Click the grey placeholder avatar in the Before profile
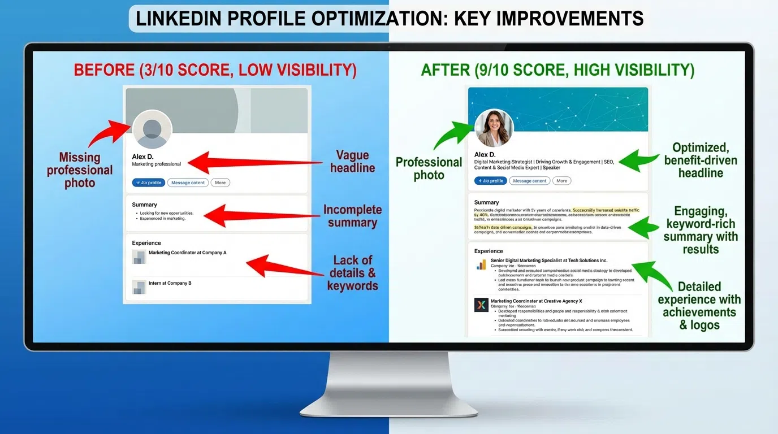click(152, 129)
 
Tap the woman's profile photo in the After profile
click(494, 128)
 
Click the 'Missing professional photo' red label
click(80, 170)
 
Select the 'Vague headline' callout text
click(352, 162)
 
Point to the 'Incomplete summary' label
click(352, 216)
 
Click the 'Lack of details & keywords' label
click(352, 273)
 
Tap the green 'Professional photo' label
click(429, 168)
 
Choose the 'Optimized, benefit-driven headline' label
click(701, 160)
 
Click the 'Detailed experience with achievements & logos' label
click(699, 306)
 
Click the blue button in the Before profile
click(149, 183)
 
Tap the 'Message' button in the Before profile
click(188, 183)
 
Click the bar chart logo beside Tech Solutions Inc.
click(481, 264)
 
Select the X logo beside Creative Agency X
click(481, 305)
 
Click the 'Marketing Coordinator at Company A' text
click(187, 253)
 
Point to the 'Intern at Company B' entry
click(170, 283)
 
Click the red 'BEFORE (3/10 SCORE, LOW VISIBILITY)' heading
click(215, 70)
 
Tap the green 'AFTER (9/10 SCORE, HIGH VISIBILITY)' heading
click(557, 70)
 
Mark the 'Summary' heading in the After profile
click(486, 202)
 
